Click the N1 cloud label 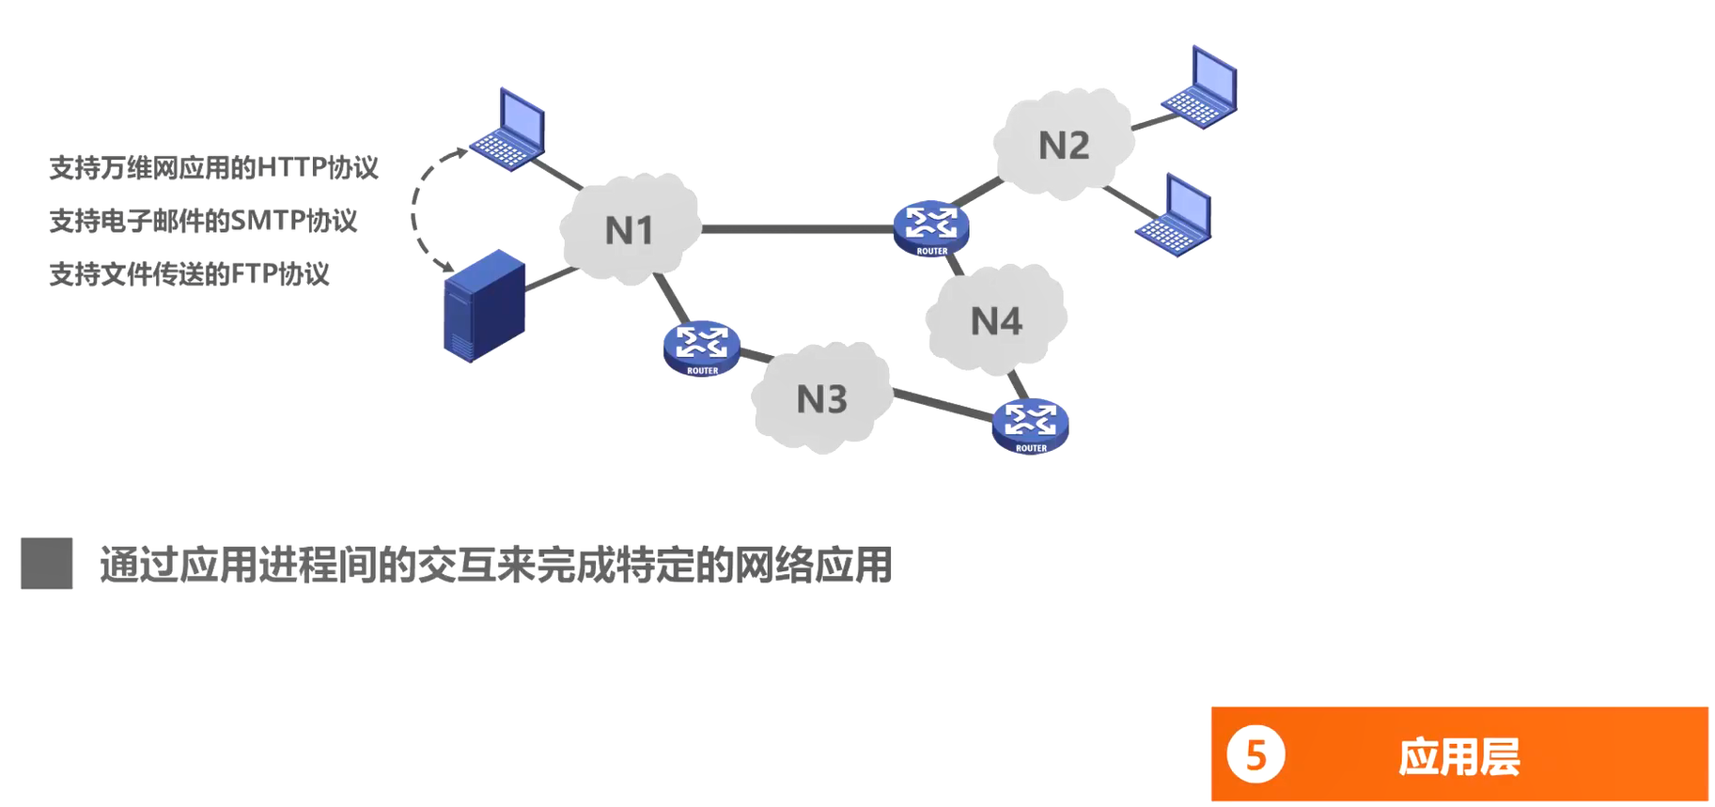coord(629,230)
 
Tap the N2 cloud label coord(1064,146)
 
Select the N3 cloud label coord(822,400)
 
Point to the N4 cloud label coord(996,322)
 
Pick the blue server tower coord(484,305)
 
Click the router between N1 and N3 coord(702,348)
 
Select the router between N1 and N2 coord(931,227)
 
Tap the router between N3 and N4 coord(1031,426)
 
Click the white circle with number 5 coord(1255,754)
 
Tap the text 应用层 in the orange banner coord(1458,756)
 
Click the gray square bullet coord(47,564)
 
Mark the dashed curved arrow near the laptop coord(415,211)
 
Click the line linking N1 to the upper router coord(797,228)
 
